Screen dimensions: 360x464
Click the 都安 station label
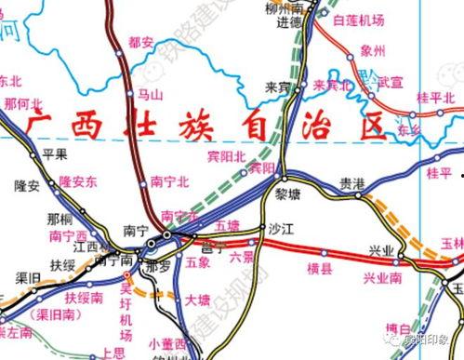142,43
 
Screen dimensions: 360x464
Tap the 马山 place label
150,94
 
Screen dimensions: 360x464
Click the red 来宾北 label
331,86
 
